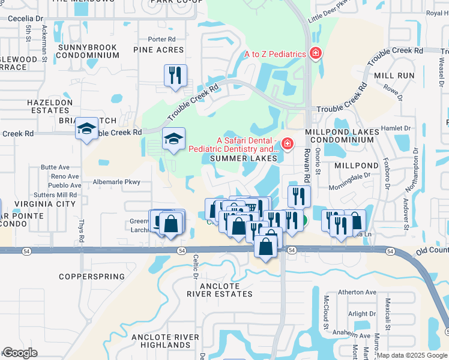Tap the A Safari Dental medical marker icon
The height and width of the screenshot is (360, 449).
(288, 143)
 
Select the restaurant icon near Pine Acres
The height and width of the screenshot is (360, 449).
(175, 76)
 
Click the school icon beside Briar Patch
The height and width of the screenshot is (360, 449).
(87, 128)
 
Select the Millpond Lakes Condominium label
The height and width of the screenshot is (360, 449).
(342, 136)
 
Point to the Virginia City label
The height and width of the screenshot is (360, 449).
(47, 204)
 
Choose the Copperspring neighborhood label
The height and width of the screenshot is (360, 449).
(92, 277)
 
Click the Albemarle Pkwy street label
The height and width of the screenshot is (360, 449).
(116, 181)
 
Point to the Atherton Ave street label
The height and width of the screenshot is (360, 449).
(357, 292)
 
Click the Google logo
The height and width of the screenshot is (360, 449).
(20, 353)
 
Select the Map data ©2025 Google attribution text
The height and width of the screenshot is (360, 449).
(412, 355)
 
